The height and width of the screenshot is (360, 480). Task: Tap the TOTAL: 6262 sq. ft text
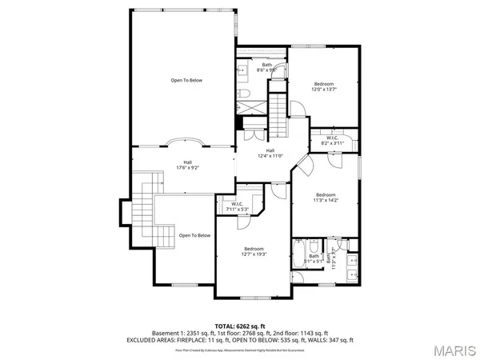coord(239,325)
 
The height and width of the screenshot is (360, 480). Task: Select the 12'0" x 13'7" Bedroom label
coord(323,86)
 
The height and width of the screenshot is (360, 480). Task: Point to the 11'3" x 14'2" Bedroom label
coord(325,198)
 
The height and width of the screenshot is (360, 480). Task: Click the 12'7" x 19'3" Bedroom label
coord(254,251)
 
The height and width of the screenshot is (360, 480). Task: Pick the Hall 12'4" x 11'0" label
coord(270,153)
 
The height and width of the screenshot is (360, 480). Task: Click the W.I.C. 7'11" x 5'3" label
coord(237,206)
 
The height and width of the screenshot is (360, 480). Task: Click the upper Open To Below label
coord(186,80)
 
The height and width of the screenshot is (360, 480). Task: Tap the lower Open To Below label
coord(194,235)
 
